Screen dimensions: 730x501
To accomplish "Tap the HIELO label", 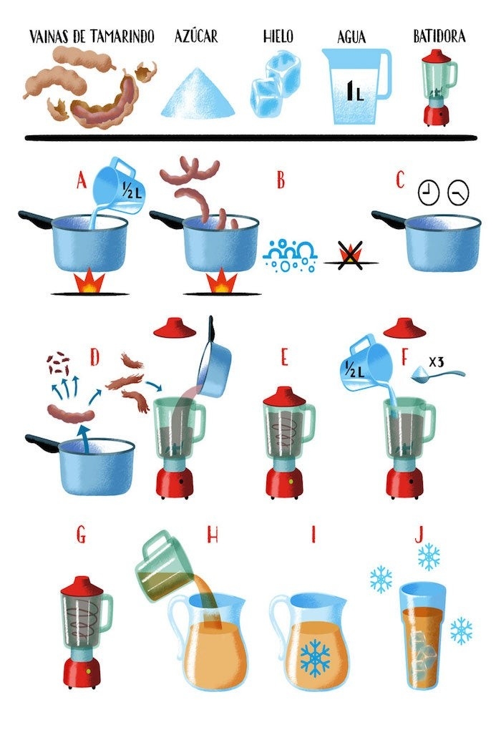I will [x=279, y=36].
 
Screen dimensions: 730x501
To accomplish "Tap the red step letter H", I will [x=213, y=535].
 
